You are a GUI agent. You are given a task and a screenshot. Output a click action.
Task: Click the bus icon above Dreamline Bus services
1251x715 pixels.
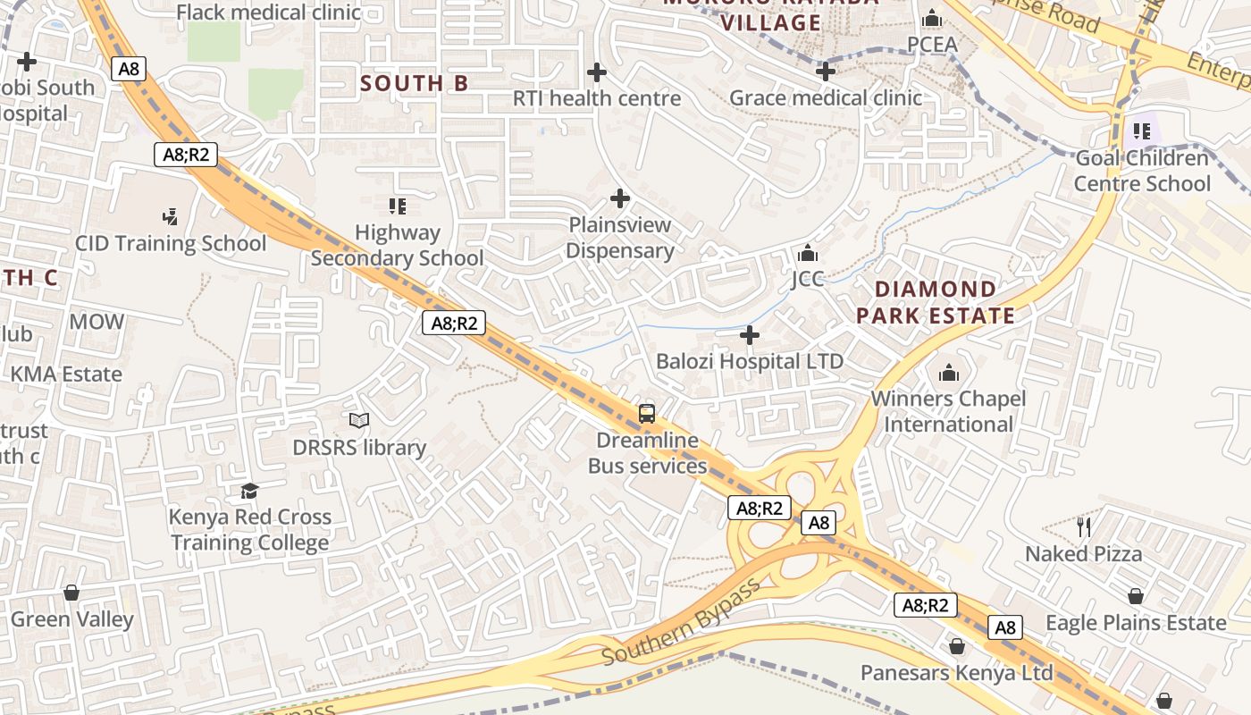pyautogui.click(x=647, y=414)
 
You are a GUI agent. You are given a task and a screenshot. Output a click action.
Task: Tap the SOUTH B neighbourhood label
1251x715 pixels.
pyautogui.click(x=414, y=83)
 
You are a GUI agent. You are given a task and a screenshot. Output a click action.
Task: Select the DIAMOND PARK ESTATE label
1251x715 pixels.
pyautogui.click(x=936, y=302)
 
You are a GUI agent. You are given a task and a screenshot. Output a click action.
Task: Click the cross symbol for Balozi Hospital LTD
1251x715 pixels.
pyautogui.click(x=750, y=335)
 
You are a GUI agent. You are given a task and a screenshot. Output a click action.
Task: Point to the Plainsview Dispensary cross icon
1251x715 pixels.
pyautogui.click(x=620, y=198)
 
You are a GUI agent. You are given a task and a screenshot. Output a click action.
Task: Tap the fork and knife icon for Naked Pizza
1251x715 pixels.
pyautogui.click(x=1084, y=526)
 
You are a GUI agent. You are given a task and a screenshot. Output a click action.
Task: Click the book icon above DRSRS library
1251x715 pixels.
pyautogui.click(x=359, y=420)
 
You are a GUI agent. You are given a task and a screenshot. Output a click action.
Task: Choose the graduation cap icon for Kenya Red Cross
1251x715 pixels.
pyautogui.click(x=249, y=491)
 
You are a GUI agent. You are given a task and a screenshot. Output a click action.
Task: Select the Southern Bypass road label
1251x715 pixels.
pyautogui.click(x=681, y=622)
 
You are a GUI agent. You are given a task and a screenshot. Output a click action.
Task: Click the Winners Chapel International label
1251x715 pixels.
pyautogui.click(x=948, y=411)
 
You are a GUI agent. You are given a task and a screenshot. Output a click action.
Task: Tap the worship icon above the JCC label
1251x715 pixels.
pyautogui.click(x=807, y=253)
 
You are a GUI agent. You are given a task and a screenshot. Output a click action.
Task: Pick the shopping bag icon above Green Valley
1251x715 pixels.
pyautogui.click(x=71, y=593)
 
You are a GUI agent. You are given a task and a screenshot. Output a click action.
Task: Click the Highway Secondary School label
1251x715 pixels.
pyautogui.click(x=397, y=246)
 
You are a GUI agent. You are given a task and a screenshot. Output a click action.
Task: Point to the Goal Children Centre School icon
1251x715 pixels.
pyautogui.click(x=1141, y=131)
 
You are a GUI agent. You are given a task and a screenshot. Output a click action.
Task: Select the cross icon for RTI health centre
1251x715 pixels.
pyautogui.click(x=597, y=71)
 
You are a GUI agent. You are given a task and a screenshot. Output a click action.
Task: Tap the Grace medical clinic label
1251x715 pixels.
pyautogui.click(x=826, y=97)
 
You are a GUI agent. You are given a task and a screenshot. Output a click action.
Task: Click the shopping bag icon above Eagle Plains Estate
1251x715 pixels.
pyautogui.click(x=1136, y=595)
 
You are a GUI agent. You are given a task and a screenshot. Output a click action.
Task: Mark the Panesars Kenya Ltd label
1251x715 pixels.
pyautogui.click(x=957, y=672)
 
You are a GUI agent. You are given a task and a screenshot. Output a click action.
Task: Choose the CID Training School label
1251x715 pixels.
pyautogui.click(x=170, y=243)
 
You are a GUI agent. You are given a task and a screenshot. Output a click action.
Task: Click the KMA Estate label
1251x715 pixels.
pyautogui.click(x=66, y=374)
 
